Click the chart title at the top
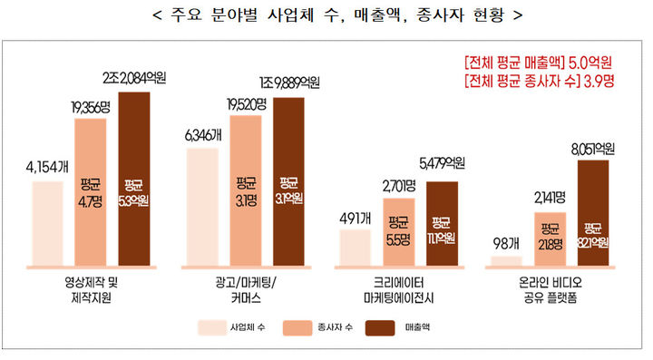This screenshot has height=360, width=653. coord(326,16)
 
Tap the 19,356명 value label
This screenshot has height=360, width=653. coord(95,107)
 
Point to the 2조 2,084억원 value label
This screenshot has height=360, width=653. coord(141,72)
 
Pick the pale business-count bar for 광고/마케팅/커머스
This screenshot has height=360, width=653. coord(201,208)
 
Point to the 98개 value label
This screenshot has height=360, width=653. coord(504,244)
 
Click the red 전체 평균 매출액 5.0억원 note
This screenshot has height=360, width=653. coord(538,64)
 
